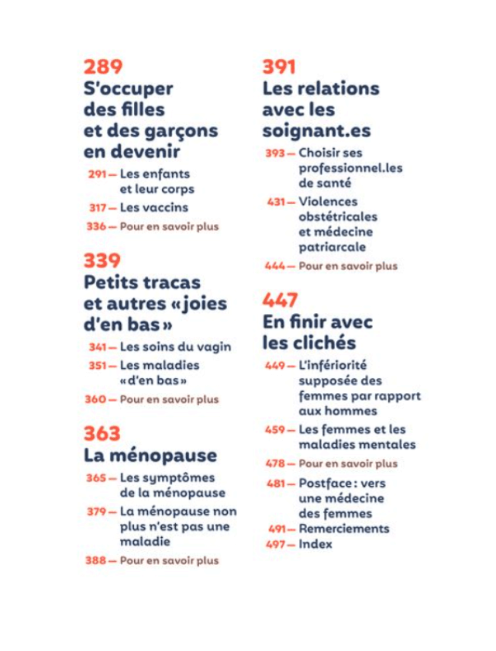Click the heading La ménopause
150,455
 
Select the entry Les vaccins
153,208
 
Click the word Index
315,544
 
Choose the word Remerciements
343,529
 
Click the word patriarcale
332,247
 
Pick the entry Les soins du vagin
175,346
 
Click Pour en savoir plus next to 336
169,227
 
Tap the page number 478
276,463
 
